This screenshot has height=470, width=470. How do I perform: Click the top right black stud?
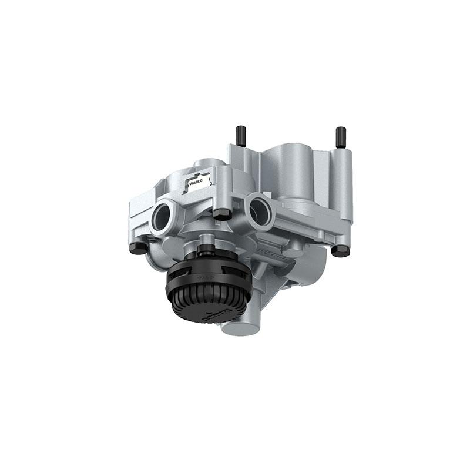pos(341,137)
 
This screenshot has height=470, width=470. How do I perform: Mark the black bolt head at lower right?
pos(340,250)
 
